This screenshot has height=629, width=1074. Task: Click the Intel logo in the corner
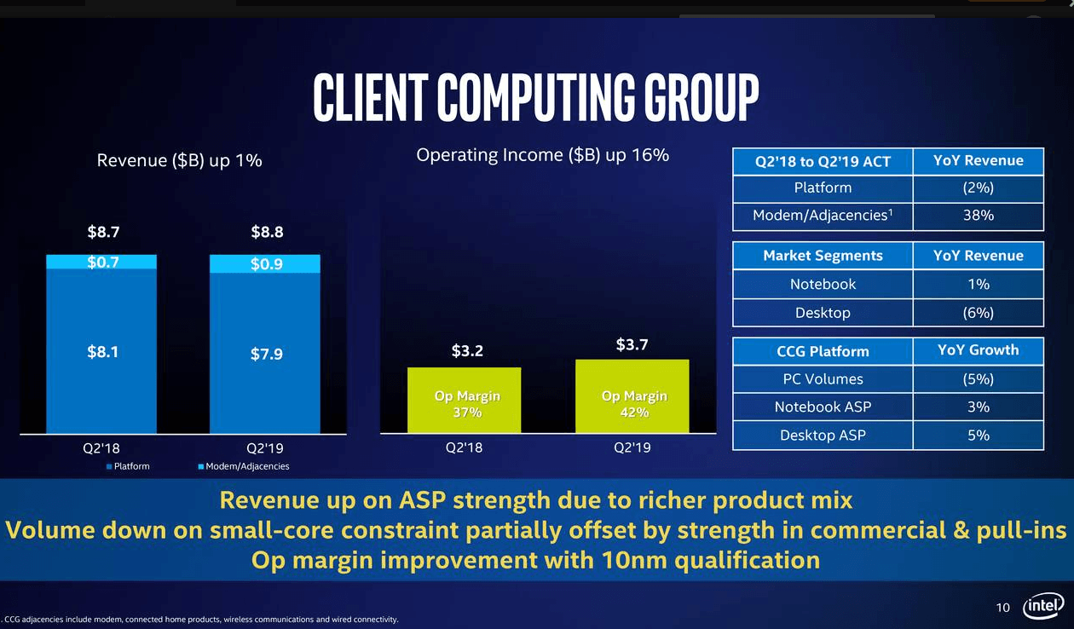pos(1043,606)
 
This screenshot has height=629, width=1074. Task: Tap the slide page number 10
pos(1003,608)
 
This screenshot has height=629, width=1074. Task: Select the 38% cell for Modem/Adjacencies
pos(978,216)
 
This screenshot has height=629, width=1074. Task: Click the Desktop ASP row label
pos(823,436)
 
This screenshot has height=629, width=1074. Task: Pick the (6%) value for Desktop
pos(978,313)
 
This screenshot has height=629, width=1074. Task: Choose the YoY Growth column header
pos(978,350)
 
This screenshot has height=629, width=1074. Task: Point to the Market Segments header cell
pos(823,256)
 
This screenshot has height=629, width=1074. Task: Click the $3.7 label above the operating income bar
pos(632,345)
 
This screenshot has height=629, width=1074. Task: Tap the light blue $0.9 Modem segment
pos(265,264)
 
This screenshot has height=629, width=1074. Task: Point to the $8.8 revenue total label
pos(266,232)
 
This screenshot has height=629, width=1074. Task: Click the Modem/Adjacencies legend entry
pos(243,466)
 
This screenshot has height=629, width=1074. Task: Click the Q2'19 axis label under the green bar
pos(632,447)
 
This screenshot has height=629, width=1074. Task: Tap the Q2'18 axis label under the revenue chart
pos(101,447)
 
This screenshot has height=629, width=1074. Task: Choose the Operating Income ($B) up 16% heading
pos(542,155)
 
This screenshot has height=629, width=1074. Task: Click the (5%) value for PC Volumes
pos(978,379)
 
